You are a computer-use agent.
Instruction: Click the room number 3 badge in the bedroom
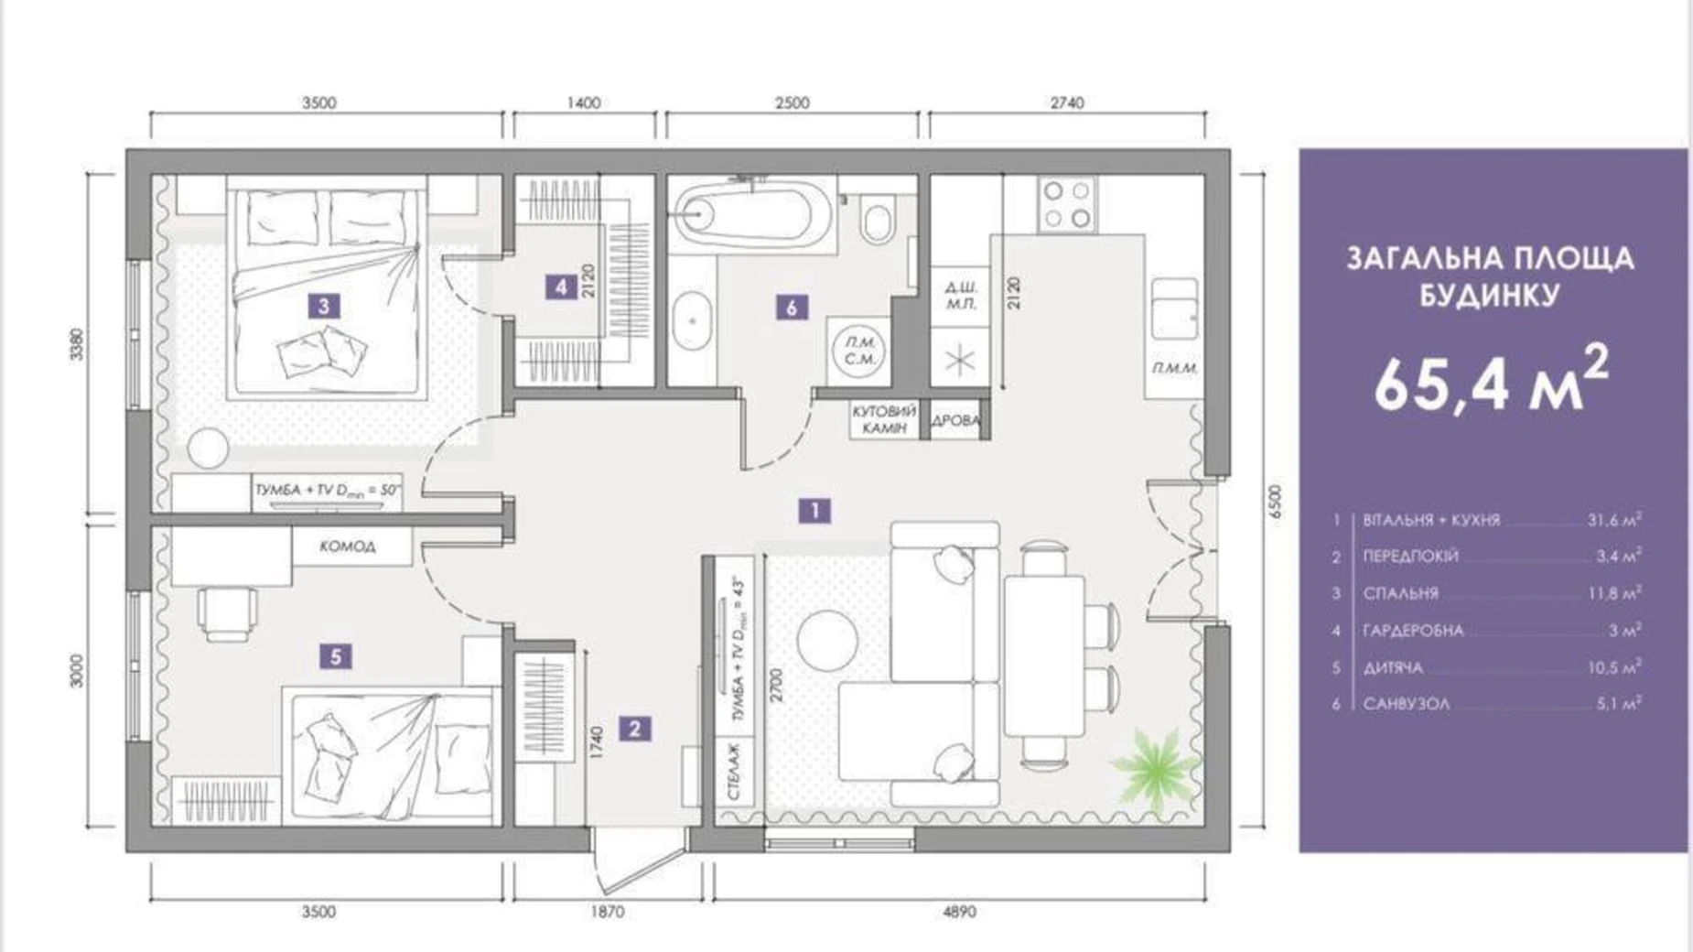click(324, 306)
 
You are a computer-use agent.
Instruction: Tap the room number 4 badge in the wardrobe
click(561, 287)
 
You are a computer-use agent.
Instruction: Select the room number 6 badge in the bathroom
click(792, 308)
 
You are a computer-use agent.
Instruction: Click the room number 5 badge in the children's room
click(336, 656)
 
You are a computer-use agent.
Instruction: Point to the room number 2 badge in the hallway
click(634, 729)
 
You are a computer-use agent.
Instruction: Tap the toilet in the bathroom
click(877, 220)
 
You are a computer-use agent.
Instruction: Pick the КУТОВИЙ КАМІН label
click(883, 420)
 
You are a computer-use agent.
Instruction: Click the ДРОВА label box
click(955, 421)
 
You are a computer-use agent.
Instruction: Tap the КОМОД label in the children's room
click(348, 546)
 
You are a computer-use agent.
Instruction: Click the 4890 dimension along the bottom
click(959, 912)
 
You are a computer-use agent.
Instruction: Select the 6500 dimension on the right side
click(1277, 503)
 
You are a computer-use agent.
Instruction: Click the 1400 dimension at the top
click(583, 103)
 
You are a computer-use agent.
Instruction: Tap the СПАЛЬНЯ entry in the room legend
click(1400, 593)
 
